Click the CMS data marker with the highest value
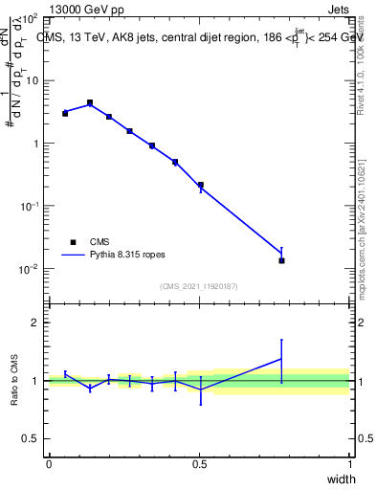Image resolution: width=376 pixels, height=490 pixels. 90,102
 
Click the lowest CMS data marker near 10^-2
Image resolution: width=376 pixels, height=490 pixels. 281,260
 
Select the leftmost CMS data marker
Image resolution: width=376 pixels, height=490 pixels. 65,113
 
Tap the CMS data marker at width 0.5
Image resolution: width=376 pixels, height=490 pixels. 200,185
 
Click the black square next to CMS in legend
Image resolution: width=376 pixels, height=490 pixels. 72,242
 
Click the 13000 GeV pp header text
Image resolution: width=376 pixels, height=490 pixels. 86,10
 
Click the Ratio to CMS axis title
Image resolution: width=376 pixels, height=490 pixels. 15,381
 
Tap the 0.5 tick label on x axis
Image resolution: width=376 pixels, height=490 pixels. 199,463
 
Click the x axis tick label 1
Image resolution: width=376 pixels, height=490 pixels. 350,463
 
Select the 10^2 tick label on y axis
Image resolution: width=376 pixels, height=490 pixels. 29,19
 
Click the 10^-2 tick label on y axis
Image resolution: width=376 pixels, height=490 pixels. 28,269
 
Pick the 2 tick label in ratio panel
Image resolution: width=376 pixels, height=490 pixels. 34,323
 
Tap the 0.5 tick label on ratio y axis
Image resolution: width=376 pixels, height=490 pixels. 30,439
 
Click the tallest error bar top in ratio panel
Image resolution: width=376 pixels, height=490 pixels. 281,340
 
